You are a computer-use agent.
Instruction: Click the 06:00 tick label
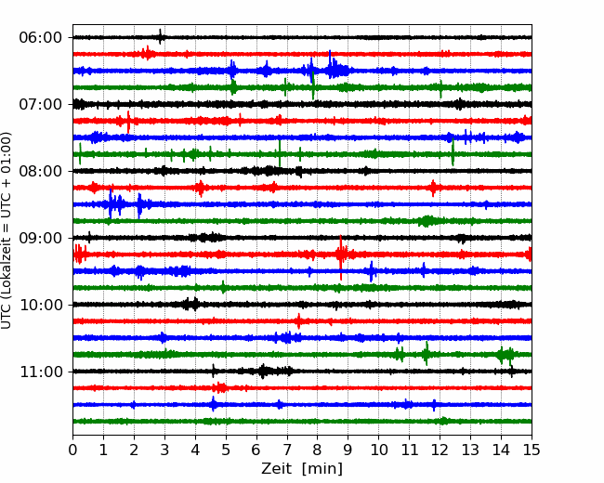click(40, 37)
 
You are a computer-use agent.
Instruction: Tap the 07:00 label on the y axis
click(40, 104)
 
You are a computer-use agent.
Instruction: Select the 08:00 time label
click(40, 171)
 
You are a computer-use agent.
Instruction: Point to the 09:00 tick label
click(40, 238)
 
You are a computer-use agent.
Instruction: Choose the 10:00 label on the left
click(40, 305)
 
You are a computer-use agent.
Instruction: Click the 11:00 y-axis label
click(40, 372)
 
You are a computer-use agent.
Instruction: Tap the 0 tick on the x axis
click(73, 450)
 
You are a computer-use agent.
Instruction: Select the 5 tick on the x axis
click(226, 450)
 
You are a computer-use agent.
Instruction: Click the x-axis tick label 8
click(318, 450)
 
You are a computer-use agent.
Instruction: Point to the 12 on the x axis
click(440, 450)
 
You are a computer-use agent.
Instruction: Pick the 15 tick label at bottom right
click(531, 450)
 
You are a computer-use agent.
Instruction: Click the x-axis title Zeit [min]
click(302, 469)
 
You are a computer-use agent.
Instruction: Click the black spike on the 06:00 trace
click(161, 37)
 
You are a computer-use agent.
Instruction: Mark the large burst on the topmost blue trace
click(335, 70)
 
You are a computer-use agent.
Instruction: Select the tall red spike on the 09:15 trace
click(341, 253)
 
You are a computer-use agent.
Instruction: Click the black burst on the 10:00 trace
click(190, 304)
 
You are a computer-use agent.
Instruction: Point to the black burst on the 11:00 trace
click(264, 372)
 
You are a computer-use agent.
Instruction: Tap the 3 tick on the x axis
click(164, 450)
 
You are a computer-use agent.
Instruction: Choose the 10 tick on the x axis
click(378, 450)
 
